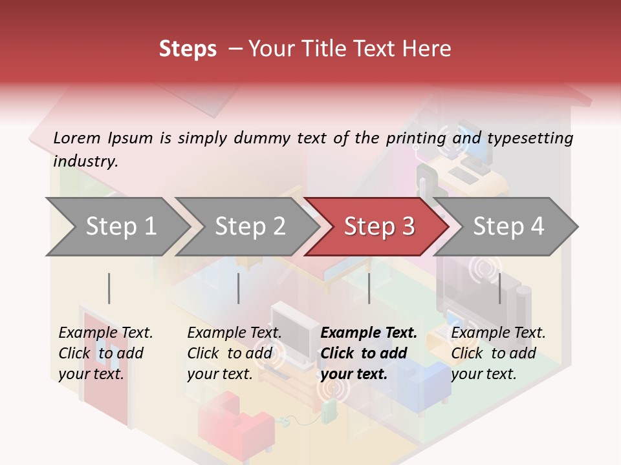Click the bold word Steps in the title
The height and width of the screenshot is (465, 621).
click(188, 49)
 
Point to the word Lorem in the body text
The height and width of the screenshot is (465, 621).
click(77, 138)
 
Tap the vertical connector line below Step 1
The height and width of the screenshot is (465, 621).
click(109, 288)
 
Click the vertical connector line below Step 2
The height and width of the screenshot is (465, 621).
click(239, 288)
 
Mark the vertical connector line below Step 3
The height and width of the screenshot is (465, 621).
click(369, 288)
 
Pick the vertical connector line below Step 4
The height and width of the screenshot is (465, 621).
click(499, 288)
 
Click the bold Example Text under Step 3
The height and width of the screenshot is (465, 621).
click(369, 333)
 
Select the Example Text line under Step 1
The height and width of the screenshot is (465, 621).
click(105, 333)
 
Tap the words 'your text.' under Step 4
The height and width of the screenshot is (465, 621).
click(484, 374)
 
